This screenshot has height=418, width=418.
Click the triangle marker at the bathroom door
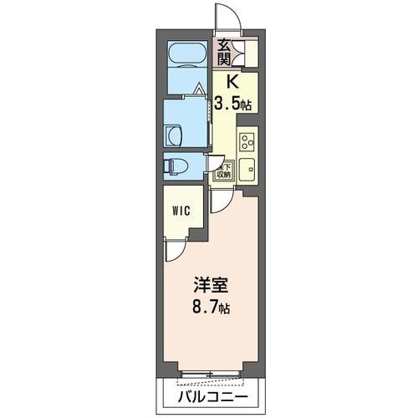click(198, 87)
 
